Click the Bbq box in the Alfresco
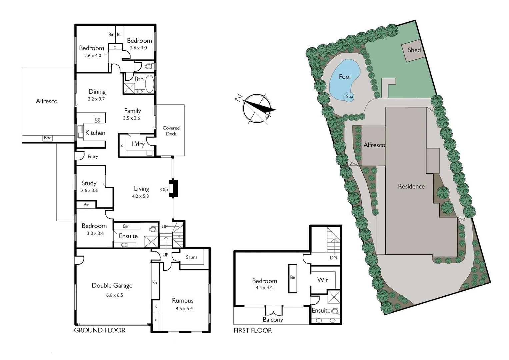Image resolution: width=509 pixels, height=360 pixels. coord(48,138)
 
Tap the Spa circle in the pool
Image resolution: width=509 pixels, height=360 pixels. coord(349,97)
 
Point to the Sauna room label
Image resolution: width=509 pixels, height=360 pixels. coord(192,257)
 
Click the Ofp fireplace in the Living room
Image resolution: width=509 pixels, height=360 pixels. coord(173,189)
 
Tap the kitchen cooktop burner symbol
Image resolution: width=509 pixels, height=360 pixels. coord(97,120)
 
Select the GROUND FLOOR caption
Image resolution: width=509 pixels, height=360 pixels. coord(100,330)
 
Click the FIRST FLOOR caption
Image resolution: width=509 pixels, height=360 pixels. coord(253,330)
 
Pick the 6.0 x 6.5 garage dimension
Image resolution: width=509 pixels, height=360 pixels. coord(115,295)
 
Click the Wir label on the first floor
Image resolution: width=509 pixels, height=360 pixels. coord(322,280)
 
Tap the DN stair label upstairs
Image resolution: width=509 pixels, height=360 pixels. coord(333,258)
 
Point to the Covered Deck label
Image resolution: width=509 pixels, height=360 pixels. coord(171,131)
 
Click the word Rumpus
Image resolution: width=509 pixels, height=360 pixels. coord(183,301)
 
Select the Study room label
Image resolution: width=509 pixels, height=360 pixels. coord(89,183)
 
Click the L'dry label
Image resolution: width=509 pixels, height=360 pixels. coord(138,144)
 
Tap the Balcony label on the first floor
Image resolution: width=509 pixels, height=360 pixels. coord(273,320)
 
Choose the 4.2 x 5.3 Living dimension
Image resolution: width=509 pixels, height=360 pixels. coord(140,196)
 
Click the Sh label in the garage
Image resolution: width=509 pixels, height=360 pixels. coord(155,282)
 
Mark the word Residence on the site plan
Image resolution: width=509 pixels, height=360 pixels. coord(411,186)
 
